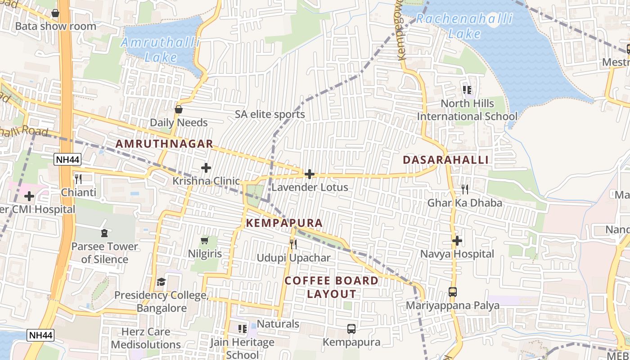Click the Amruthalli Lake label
point(161,50)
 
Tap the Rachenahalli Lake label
point(464,26)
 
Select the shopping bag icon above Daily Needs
point(179,109)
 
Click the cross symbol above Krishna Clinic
point(206,168)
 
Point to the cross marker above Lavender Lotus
point(310,174)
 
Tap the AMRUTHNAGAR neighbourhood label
point(164,144)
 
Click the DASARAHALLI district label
point(445,160)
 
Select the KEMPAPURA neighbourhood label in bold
point(284,223)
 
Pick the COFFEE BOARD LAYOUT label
point(332,287)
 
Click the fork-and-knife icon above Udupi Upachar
point(293,244)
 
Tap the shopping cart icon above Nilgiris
point(204,241)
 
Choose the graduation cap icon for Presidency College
point(161,282)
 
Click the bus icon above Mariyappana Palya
point(453,292)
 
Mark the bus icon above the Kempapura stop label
point(351,329)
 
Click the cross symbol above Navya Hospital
point(457,241)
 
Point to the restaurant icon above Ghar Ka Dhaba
point(465,189)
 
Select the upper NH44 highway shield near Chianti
point(67,159)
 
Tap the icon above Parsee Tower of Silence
point(104,233)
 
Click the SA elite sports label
point(270,114)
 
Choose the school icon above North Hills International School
point(467,90)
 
